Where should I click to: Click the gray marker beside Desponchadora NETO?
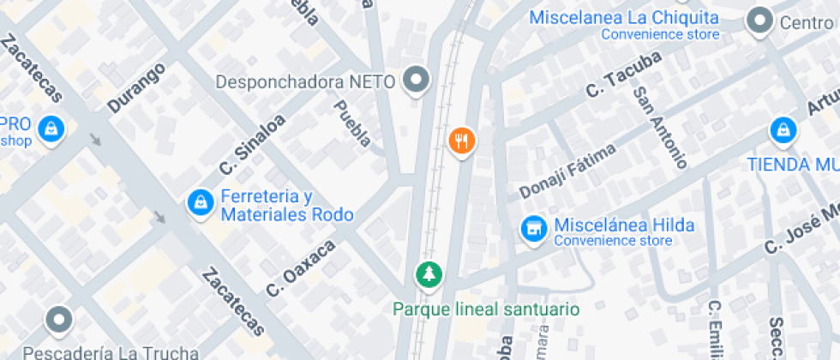(417, 81)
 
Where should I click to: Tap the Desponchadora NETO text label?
(305, 82)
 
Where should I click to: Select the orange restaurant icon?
(462, 141)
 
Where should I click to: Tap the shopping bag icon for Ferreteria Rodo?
(200, 203)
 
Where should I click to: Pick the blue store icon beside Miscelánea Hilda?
(534, 229)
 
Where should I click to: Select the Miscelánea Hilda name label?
(624, 226)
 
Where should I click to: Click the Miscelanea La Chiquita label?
(624, 18)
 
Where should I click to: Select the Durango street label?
(136, 87)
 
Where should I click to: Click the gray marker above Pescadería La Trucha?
(59, 320)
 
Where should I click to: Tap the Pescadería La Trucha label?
(111, 352)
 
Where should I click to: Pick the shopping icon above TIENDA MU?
(783, 131)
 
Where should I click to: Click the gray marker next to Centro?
(759, 21)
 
